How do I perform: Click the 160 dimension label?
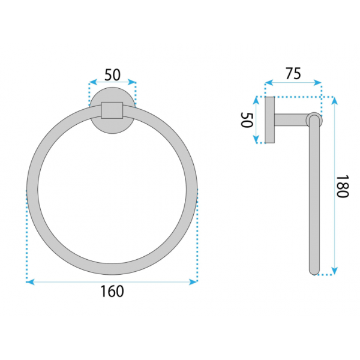112,291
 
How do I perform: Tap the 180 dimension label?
343,186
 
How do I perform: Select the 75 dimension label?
293,73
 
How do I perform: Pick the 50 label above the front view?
112,75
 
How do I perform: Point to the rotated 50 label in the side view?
247,119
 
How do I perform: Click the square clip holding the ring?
112,110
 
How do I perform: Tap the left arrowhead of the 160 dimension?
31,282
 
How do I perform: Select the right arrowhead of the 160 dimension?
193,282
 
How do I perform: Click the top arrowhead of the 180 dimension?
335,101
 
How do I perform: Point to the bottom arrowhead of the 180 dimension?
335,271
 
